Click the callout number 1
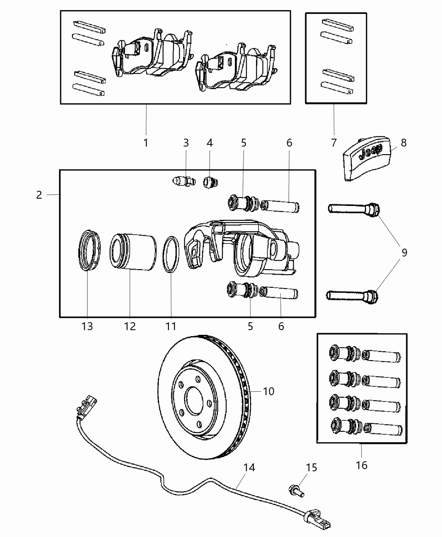point(146,143)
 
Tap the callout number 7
point(334,143)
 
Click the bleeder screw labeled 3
point(184,182)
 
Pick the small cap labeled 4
point(209,183)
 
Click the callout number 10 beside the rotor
point(268,391)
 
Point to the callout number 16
point(362,465)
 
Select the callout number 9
point(404,253)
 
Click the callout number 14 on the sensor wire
point(249,468)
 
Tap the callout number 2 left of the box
point(39,195)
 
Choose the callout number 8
point(404,143)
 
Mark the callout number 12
point(130,326)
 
